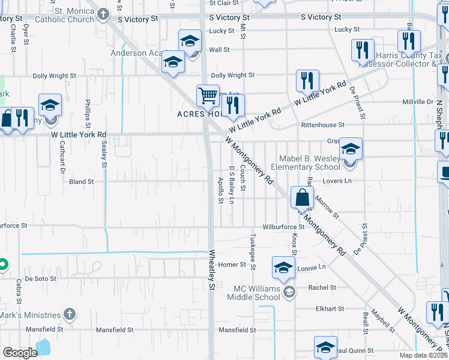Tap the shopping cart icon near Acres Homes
208,95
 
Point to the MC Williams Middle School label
257,292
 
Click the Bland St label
82,181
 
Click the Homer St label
229,265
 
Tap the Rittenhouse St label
323,125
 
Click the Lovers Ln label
338,181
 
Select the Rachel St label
322,287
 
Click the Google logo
20,353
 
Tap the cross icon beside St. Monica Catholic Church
104,13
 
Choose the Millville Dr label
418,103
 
